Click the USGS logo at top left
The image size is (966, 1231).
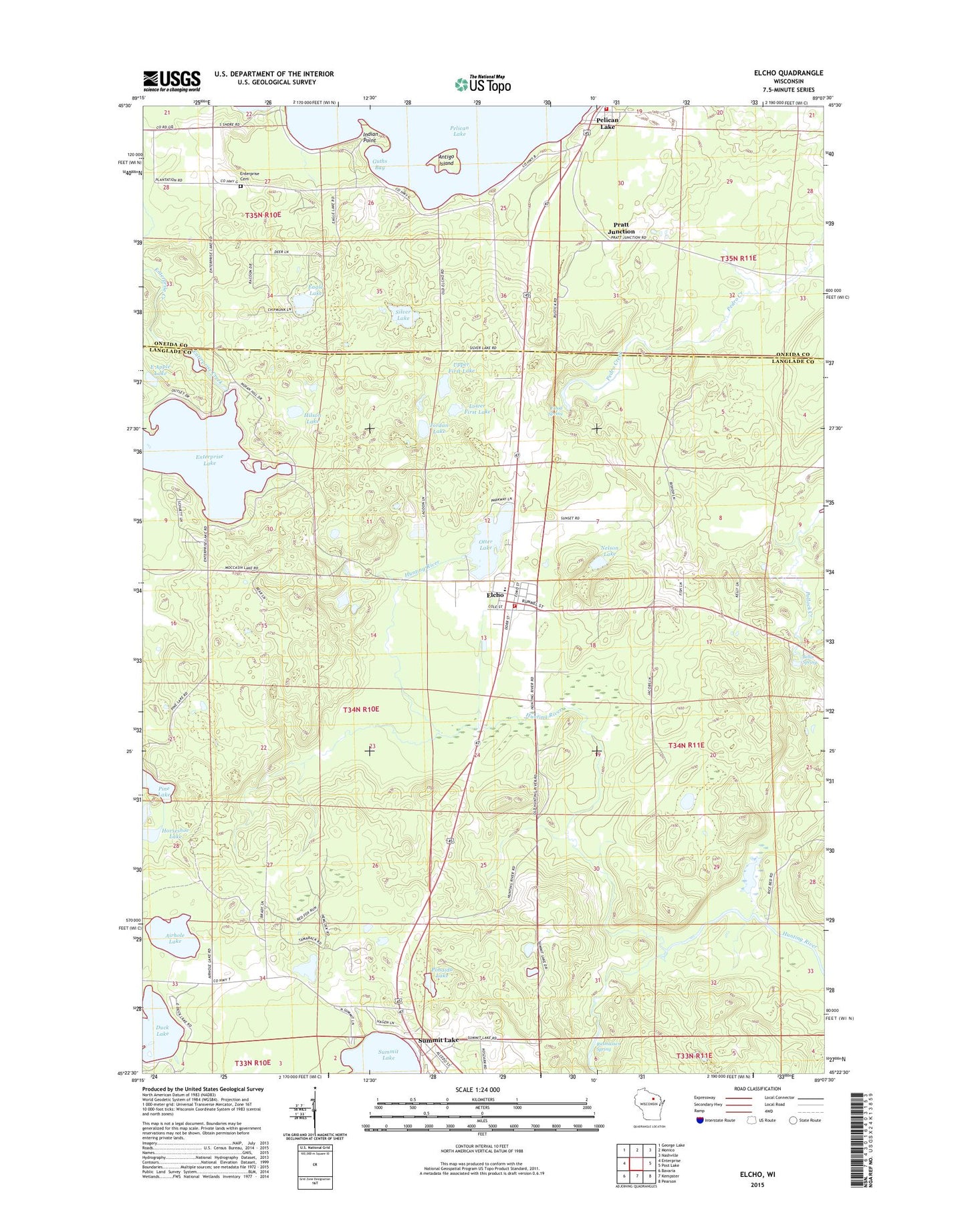[x=171, y=81]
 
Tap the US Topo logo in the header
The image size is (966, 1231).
[x=483, y=84]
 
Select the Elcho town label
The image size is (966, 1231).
[x=495, y=594]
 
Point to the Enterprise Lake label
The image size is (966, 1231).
[x=209, y=459]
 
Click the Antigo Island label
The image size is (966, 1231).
[x=446, y=160]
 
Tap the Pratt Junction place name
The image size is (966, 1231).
[x=621, y=228]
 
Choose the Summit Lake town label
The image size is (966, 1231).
[x=438, y=1041]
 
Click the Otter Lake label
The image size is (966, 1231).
[x=485, y=545]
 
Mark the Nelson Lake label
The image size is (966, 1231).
[x=609, y=551]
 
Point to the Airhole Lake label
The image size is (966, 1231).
[x=174, y=938]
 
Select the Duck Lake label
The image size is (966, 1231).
[x=162, y=1030]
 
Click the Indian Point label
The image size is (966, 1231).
[x=370, y=137]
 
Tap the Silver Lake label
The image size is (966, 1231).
[x=402, y=315]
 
